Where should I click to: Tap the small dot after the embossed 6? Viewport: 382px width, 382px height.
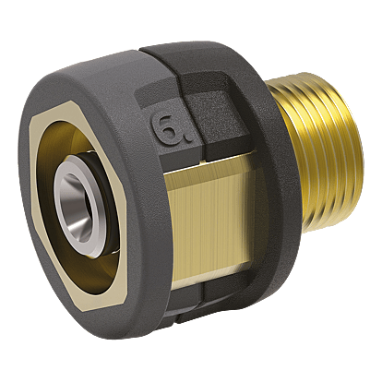(187, 140)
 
